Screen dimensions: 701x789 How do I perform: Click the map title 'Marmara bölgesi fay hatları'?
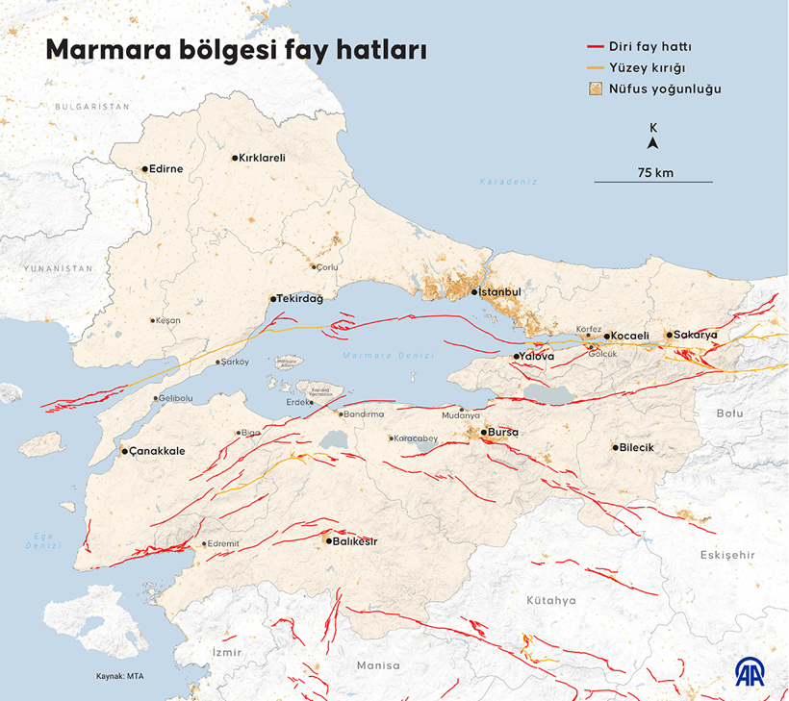coord(237,50)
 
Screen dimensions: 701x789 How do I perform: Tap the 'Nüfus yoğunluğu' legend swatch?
coord(595,88)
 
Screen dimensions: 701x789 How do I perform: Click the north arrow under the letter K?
coord(653,144)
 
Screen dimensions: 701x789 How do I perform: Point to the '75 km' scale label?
coord(654,172)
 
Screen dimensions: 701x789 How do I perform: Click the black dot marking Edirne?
coord(145,169)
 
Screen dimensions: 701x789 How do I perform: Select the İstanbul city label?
coord(500,291)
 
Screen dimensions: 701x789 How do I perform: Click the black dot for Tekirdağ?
coord(272,299)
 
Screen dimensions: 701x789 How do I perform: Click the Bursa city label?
coord(503,433)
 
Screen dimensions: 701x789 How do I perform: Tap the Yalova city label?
coord(537,357)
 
